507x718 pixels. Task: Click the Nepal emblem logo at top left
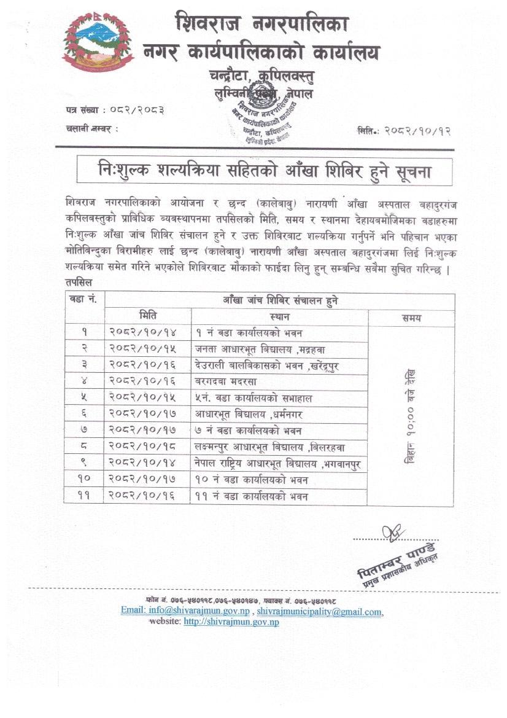(98, 42)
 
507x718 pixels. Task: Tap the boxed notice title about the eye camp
(264, 172)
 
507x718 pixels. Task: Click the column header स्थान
(279, 318)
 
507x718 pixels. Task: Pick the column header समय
(411, 318)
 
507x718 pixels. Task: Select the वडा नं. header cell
(84, 300)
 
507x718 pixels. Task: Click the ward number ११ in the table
(84, 496)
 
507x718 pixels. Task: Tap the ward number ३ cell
(84, 365)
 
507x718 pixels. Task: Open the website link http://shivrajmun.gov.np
(231, 622)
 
